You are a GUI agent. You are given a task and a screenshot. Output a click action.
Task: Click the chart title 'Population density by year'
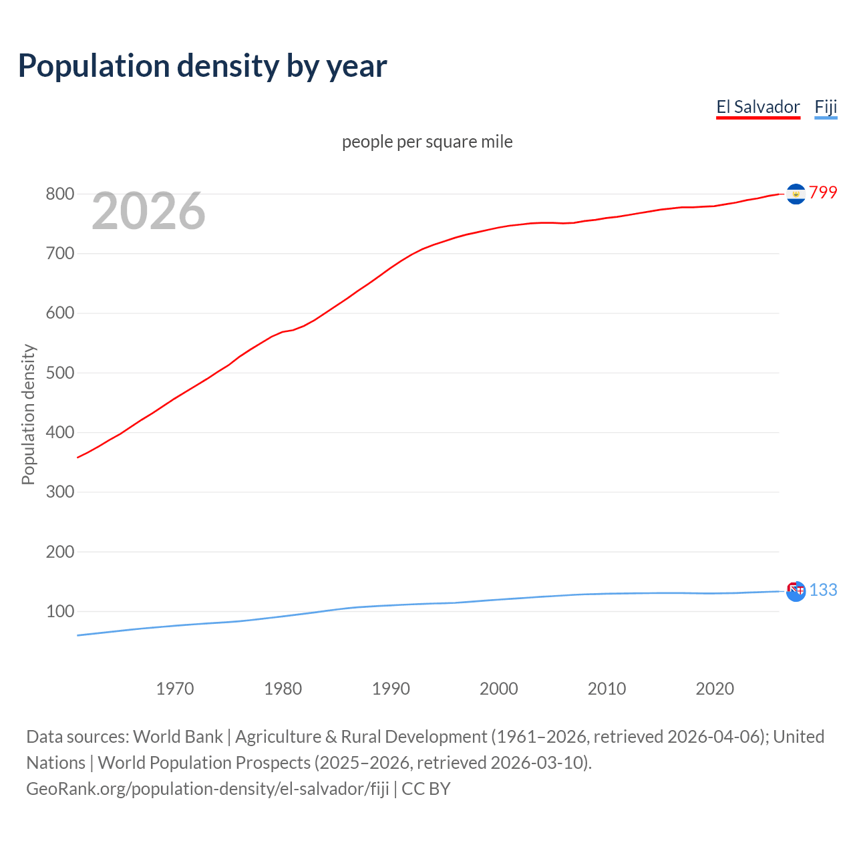coord(202,66)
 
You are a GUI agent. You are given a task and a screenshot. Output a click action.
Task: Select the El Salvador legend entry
coord(758,107)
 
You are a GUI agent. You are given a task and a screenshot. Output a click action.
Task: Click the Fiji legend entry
coord(826,107)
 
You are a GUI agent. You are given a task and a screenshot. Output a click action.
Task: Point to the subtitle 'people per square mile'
coord(427,142)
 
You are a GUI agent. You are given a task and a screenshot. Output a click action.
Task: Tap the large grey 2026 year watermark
coord(148,211)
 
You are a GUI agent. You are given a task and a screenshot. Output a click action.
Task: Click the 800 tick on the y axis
coord(59,194)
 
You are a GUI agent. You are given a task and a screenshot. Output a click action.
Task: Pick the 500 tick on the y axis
coord(59,373)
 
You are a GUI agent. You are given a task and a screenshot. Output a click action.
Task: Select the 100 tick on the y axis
coord(59,611)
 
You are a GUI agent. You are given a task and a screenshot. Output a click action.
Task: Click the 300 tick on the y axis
coord(59,492)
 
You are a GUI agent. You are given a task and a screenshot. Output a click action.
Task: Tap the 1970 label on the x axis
coord(175,689)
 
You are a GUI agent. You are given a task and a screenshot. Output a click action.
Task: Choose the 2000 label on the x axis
coord(499,689)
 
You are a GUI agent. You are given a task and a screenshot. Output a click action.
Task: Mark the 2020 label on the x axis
coord(715,689)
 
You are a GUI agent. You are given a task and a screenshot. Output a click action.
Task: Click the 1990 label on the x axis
coord(391,689)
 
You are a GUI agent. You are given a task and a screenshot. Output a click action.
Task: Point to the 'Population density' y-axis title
coord(28,414)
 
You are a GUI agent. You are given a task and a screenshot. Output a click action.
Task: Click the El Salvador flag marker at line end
coord(796,194)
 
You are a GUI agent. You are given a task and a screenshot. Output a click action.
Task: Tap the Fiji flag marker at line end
coord(796,591)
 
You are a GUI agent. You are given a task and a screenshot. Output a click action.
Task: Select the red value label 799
coord(823,192)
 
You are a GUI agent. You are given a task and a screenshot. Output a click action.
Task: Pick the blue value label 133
coord(823,590)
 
